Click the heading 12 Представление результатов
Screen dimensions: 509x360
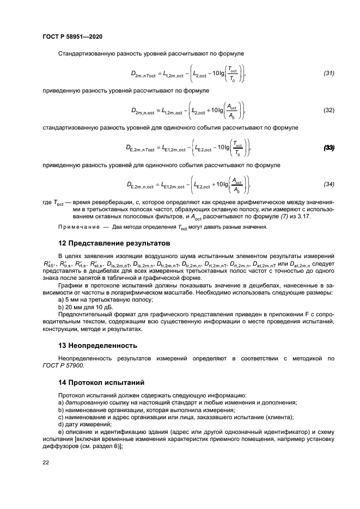click(x=114, y=242)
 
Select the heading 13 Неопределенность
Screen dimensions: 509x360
click(x=98, y=345)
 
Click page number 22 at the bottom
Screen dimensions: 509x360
click(x=46, y=462)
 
